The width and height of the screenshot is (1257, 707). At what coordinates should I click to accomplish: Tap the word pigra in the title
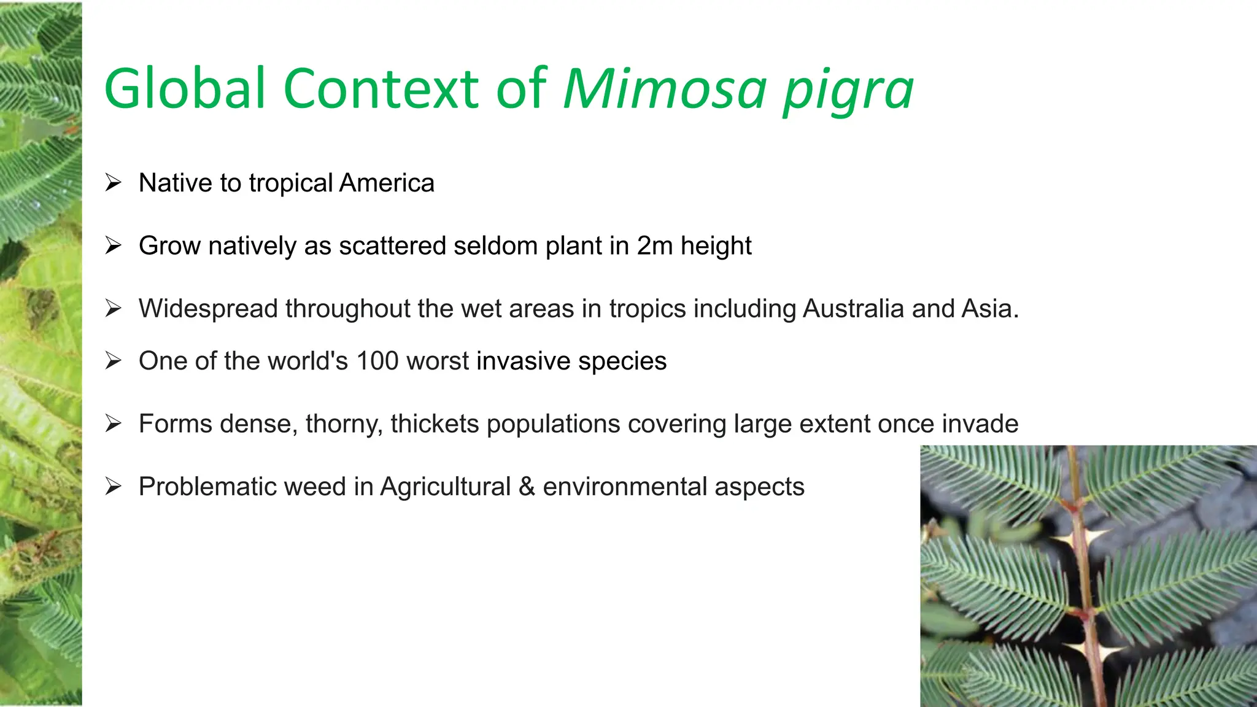[x=848, y=92]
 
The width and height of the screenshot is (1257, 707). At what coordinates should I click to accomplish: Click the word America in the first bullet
[x=387, y=183]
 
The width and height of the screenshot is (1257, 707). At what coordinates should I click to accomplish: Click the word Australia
[x=853, y=309]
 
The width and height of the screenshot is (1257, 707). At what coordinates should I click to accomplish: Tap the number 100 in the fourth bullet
[x=377, y=361]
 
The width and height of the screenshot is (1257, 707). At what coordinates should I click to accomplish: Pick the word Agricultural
[x=446, y=487]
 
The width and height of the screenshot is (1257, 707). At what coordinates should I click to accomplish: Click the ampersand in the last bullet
[x=527, y=487]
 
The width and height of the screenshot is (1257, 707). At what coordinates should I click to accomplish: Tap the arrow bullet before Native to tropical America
[x=113, y=183]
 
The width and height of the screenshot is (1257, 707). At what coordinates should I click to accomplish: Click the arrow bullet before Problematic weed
[x=113, y=487]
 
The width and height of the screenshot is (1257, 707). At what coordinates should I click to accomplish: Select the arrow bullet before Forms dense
[x=113, y=424]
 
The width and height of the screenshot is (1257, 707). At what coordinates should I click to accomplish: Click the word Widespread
[x=208, y=309]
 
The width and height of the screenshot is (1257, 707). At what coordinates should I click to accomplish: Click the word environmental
[x=625, y=487]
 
